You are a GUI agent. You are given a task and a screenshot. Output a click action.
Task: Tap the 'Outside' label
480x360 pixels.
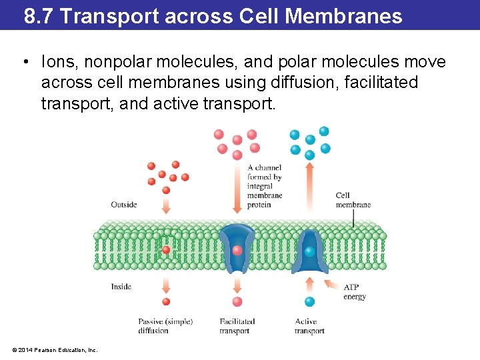coord(124,205)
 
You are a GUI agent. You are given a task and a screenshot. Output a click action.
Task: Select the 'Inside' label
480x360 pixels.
coord(121,287)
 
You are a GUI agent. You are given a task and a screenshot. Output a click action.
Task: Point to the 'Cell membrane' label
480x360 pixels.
coord(353,200)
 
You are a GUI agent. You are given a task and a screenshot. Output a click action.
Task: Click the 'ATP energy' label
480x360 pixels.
coord(355,292)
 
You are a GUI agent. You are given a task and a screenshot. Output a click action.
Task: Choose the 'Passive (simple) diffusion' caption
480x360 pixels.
coord(165,326)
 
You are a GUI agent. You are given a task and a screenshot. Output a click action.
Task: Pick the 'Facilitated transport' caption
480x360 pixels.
coord(237,326)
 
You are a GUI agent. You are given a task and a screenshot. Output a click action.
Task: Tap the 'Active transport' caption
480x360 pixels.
coord(309,326)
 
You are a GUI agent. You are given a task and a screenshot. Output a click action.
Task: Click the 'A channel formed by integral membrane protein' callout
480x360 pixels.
coord(265,186)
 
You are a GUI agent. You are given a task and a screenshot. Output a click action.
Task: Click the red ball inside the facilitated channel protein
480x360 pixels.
coord(237,251)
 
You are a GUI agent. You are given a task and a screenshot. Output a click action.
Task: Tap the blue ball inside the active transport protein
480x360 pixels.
coord(310,251)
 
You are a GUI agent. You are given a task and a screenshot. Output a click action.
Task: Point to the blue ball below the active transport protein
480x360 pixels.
coord(310,301)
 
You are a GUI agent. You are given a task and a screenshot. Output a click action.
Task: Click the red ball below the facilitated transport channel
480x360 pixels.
coord(237,301)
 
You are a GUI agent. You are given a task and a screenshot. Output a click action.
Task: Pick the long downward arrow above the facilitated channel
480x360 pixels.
coord(237,190)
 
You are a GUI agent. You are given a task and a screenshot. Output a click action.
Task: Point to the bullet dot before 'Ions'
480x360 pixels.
coord(25,63)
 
